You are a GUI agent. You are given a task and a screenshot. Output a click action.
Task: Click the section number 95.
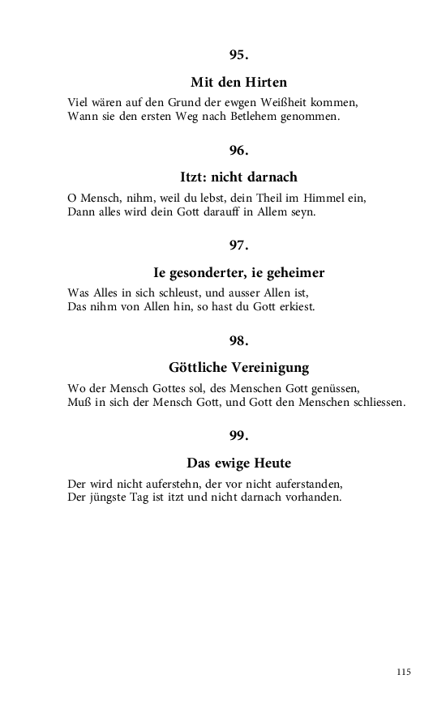tap(238, 55)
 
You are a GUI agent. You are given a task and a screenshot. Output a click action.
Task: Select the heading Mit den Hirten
tap(238, 83)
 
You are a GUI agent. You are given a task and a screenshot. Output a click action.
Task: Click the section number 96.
tap(238, 150)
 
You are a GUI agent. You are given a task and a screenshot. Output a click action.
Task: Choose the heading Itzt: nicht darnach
tap(238, 177)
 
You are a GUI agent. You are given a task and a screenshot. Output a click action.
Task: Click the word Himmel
tap(325, 198)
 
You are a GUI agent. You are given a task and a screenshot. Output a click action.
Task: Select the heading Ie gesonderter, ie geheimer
tap(238, 272)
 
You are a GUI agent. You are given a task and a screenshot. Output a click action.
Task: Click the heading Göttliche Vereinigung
tap(238, 367)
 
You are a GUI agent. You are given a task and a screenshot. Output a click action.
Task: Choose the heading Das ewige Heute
tap(238, 463)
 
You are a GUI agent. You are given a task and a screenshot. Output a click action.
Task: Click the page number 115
tap(404, 672)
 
